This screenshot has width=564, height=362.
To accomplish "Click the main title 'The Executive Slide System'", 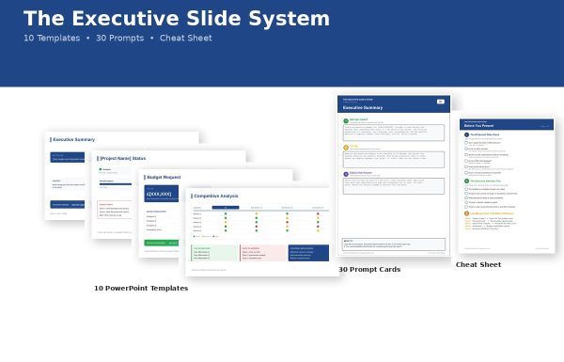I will point(177,19).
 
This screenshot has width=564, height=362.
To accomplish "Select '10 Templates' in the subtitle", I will point(51,39).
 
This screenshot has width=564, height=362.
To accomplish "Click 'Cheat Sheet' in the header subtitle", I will point(185,39).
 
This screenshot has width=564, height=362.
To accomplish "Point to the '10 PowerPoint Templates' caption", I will point(141,289).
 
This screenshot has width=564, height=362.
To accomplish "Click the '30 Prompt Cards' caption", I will point(369,270).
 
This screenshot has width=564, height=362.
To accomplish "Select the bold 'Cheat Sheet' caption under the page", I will point(478,265).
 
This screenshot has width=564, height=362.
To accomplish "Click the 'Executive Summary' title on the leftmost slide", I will point(73,139).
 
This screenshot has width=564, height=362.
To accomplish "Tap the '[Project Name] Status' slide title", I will point(122,158).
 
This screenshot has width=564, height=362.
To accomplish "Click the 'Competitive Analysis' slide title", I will point(215,196).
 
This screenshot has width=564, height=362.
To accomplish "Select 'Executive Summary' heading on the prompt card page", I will point(362,108).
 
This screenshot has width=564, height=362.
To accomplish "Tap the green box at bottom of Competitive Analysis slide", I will point(214,253).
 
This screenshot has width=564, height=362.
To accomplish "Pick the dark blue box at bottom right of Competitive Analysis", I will point(308,253).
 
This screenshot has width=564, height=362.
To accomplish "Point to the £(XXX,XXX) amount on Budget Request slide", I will point(158,195).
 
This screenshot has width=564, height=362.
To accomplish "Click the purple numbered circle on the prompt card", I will point(345,173).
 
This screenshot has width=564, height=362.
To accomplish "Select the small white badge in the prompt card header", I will point(441,101).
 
